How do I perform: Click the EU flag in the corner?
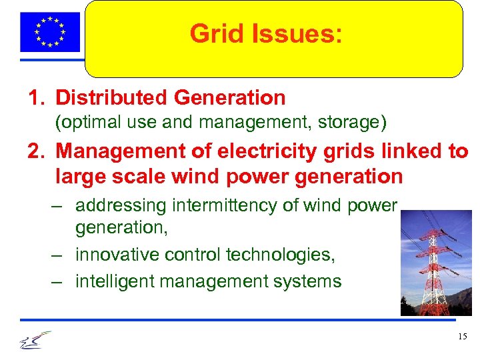(x=50, y=32)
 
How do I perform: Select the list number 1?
(x=35, y=98)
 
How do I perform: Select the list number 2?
(x=35, y=152)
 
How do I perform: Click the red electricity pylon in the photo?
(x=435, y=267)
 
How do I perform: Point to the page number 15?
(x=463, y=337)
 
